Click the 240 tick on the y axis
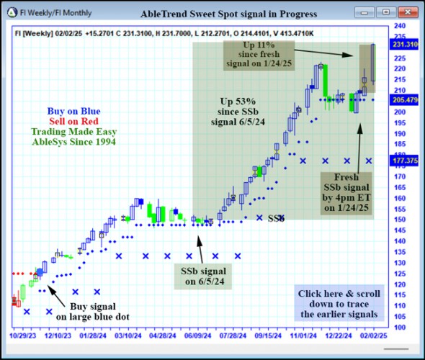[397, 26]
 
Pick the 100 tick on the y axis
[397, 328]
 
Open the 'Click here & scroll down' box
[340, 304]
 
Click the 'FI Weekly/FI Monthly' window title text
[55, 13]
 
